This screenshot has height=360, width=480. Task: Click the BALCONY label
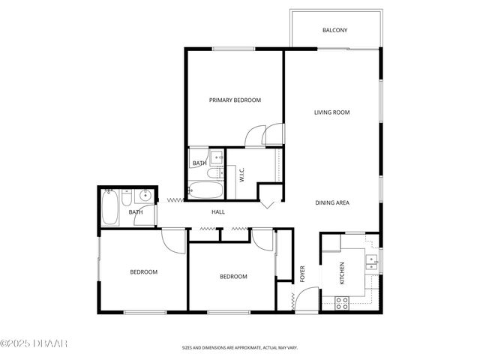click(334, 30)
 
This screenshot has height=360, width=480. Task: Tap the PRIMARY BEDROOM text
click(235, 100)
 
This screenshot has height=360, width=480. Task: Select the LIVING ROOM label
click(331, 112)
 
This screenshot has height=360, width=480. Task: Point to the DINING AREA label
click(331, 202)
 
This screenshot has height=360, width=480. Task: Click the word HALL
click(218, 212)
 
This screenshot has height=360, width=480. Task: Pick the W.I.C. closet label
click(242, 175)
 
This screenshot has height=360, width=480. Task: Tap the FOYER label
click(304, 271)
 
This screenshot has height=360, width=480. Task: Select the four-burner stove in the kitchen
click(341, 303)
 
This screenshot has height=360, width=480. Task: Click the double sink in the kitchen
click(370, 262)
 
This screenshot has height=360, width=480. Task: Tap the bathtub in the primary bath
click(202, 190)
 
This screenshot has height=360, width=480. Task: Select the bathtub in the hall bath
click(109, 207)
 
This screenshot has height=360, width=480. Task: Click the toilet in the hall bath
click(127, 198)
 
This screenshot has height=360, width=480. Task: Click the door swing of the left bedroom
click(172, 241)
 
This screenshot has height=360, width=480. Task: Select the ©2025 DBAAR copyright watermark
click(34, 343)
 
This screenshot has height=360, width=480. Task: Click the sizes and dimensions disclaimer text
click(240, 348)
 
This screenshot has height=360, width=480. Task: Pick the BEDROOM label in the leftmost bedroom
click(143, 271)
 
